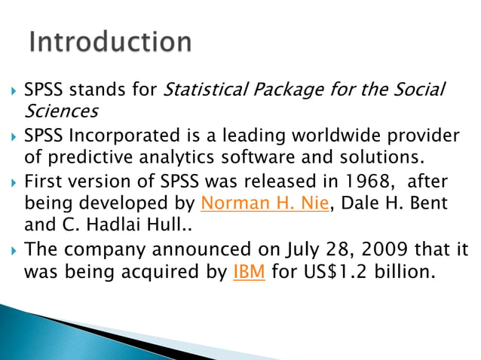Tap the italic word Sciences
pyautogui.click(x=61, y=112)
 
